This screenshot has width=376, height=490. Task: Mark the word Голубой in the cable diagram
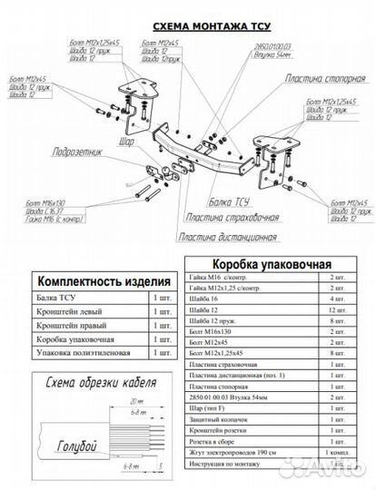click(x=77, y=449)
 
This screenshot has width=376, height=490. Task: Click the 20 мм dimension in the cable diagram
click(x=138, y=400)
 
